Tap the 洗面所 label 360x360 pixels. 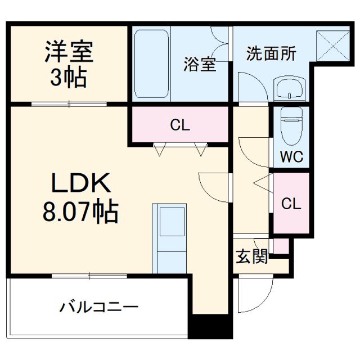pos(271,54)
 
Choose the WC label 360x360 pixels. pos(292,156)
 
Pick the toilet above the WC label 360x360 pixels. pos(292,125)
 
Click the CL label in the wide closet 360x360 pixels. pos(180,125)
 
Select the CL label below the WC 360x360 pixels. pos(291,203)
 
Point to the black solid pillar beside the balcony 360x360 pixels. pos(209,327)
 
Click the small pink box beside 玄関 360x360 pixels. pos(280,246)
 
